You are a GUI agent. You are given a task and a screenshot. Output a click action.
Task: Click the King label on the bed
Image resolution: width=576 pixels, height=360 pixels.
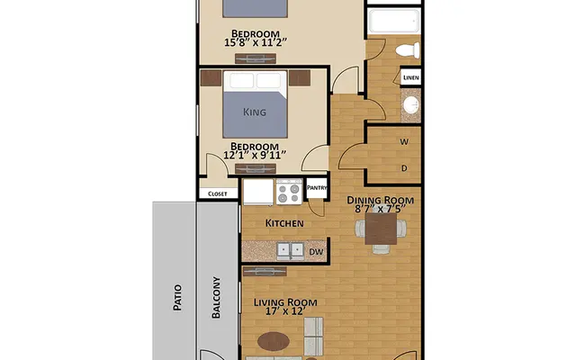point(256,112)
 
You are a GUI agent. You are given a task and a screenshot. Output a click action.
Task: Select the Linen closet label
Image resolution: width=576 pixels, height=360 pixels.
point(409,78)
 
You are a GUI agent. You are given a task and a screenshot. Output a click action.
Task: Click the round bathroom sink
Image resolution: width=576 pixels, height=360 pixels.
point(409,106)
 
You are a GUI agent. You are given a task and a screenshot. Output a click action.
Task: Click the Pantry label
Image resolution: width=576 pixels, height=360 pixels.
point(317,188)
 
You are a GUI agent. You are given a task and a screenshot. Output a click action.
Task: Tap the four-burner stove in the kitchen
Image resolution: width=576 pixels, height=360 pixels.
point(289,192)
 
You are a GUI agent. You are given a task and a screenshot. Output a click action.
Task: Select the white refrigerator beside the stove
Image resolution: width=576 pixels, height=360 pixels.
point(257,192)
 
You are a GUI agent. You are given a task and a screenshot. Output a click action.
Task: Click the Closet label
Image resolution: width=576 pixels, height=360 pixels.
point(218,193)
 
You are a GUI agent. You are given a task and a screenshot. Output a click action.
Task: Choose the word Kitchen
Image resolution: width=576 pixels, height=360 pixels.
point(283,223)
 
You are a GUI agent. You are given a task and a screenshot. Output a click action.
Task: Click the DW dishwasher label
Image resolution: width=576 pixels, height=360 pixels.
point(316,252)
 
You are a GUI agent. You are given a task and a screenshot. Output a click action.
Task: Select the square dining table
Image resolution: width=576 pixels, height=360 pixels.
point(381,231)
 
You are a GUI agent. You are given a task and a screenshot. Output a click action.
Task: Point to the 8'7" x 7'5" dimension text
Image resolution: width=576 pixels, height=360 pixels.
point(381,209)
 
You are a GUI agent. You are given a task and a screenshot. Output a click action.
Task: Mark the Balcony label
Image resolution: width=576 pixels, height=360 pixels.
point(217,299)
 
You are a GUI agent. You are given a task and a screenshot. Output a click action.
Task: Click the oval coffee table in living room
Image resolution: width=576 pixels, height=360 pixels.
point(272,342)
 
